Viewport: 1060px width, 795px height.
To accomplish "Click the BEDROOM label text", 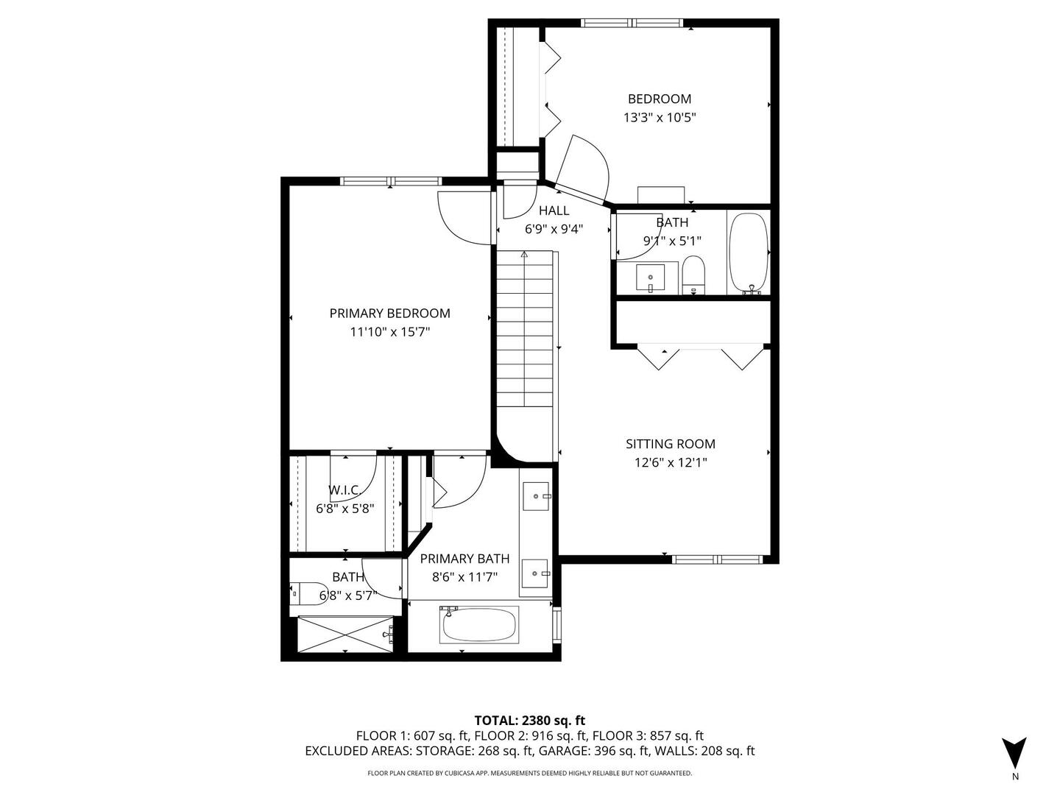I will (659, 99).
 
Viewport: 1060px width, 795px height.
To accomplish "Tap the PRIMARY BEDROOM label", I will (389, 313).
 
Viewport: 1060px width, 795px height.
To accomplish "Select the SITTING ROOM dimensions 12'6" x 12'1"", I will (670, 462).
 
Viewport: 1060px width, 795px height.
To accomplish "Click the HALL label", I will (554, 211).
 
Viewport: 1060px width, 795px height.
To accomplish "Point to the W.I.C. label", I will (344, 490).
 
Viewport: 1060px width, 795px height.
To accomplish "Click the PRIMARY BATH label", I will (464, 559).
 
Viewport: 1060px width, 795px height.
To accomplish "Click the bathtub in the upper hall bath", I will (749, 253).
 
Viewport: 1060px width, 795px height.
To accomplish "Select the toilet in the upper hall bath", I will (693, 275).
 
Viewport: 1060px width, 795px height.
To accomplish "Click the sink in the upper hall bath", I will (651, 278).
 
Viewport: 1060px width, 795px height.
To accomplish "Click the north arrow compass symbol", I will (1014, 753).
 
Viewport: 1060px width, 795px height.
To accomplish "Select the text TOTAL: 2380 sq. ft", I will (529, 720).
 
